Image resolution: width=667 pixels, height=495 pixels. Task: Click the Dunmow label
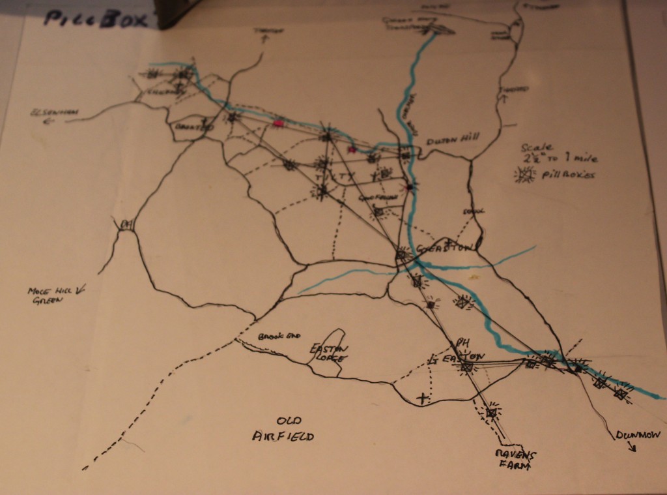click(x=630, y=435)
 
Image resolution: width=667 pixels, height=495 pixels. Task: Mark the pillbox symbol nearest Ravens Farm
click(x=492, y=412)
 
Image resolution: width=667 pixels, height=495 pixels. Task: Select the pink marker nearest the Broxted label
click(x=279, y=122)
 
